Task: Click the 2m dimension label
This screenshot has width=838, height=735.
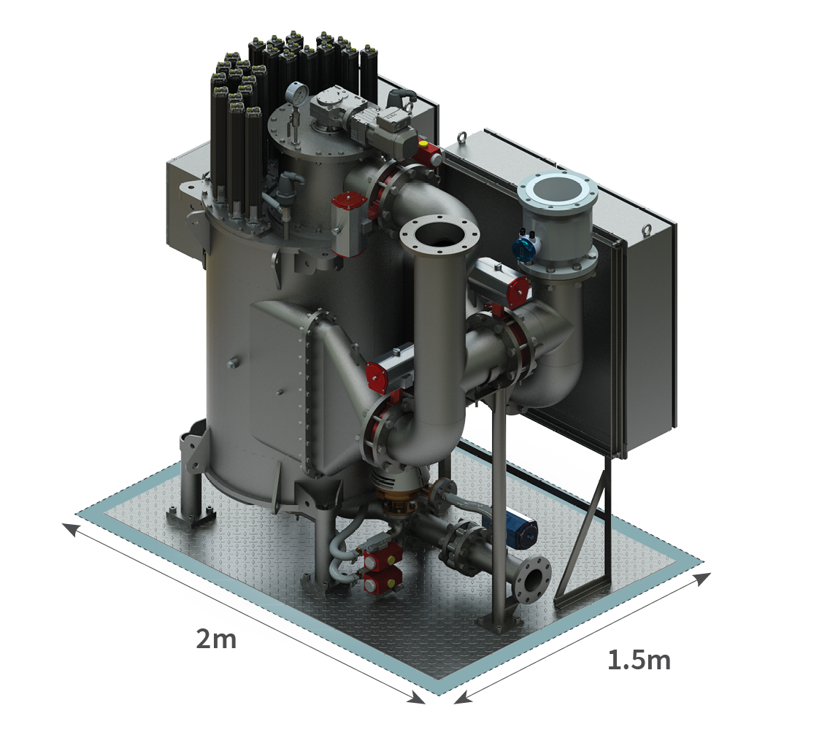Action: [x=216, y=639]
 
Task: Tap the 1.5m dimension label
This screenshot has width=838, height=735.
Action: [x=639, y=660]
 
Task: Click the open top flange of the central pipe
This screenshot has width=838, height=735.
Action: [x=439, y=235]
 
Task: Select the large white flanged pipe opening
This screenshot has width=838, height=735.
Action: [x=557, y=191]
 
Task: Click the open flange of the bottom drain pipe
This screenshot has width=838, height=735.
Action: [x=531, y=580]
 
